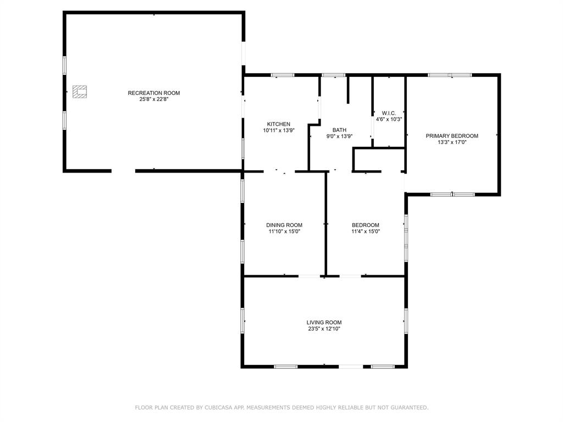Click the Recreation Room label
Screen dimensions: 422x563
point(154,93)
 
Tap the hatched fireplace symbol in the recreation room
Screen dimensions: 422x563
point(80,92)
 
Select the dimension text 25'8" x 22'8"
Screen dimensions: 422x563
point(154,99)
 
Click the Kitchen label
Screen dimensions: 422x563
point(279,124)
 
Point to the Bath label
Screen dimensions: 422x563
point(339,130)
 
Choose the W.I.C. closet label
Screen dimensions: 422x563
point(389,113)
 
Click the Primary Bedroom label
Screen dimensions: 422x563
point(452,136)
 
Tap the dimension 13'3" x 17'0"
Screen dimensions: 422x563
point(452,142)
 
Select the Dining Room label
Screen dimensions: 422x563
point(284,225)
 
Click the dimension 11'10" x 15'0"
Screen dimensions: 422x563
point(284,231)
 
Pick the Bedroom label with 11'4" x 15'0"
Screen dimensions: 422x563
point(366,225)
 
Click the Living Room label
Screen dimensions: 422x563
point(324,323)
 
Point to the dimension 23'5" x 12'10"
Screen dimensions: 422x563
point(324,329)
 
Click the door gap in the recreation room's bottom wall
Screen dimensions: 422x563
point(124,171)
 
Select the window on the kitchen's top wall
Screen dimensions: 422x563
point(283,75)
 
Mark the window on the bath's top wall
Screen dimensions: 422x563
point(333,75)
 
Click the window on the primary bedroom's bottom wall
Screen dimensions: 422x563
point(452,194)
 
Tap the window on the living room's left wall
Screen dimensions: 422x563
point(242,320)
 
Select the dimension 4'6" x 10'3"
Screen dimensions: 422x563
point(389,119)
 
